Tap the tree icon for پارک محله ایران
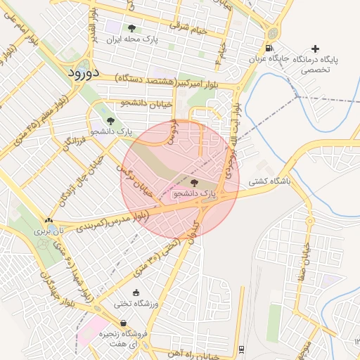click(132, 29)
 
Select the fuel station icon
click(269, 49)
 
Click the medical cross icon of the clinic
click(315, 49)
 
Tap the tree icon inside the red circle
click(195, 183)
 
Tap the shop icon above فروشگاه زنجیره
click(128, 322)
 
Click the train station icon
click(242, 349)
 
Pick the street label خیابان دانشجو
click(146, 103)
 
